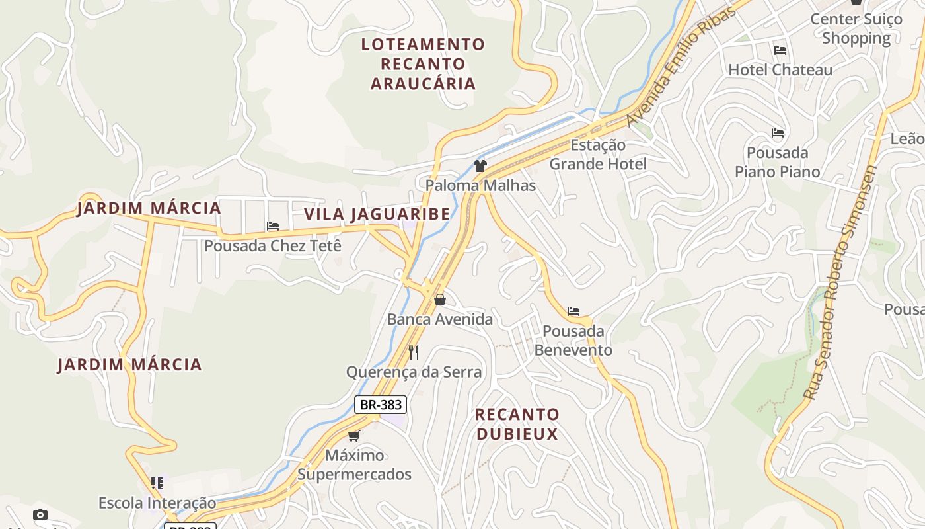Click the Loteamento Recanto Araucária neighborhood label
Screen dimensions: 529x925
click(423, 63)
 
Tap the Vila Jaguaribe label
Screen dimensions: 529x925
click(377, 214)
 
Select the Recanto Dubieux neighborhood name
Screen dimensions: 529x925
click(517, 424)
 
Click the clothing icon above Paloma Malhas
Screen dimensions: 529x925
click(480, 166)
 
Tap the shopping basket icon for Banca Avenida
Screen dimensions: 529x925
click(440, 300)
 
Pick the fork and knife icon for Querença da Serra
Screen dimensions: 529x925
click(414, 352)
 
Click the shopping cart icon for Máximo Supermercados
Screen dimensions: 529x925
click(354, 436)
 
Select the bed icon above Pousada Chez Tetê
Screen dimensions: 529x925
click(273, 226)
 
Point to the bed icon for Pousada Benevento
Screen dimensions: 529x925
click(573, 311)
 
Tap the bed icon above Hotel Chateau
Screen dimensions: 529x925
click(780, 50)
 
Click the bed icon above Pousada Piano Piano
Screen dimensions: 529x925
click(778, 134)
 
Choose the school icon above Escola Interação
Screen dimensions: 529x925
click(157, 483)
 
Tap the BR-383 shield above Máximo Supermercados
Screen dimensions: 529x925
click(381, 404)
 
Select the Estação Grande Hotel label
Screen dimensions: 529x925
click(598, 154)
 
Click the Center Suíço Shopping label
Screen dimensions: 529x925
click(856, 28)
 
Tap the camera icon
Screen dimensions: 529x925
click(40, 514)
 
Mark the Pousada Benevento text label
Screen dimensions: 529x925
click(573, 340)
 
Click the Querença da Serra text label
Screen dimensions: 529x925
click(414, 372)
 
